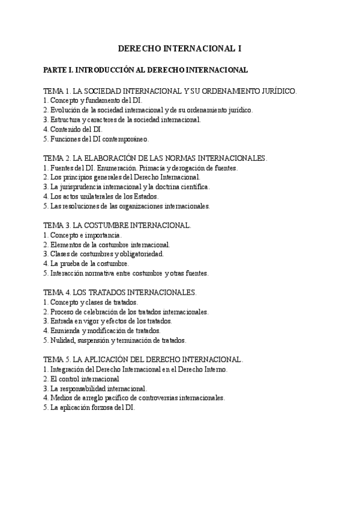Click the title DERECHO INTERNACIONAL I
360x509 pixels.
(179, 48)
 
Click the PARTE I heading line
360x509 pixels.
(146, 70)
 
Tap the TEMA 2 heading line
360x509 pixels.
(155, 158)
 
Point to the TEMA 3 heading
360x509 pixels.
(118, 226)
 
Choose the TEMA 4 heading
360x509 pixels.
(120, 292)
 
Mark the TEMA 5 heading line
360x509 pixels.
(143, 360)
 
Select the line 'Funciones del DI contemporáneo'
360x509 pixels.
(95, 139)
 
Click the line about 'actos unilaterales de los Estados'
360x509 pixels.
(101, 196)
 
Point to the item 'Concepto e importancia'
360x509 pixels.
(82, 235)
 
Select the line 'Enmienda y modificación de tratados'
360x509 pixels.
(102, 330)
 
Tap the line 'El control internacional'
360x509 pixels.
(81, 379)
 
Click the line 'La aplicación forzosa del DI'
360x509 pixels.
(89, 407)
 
